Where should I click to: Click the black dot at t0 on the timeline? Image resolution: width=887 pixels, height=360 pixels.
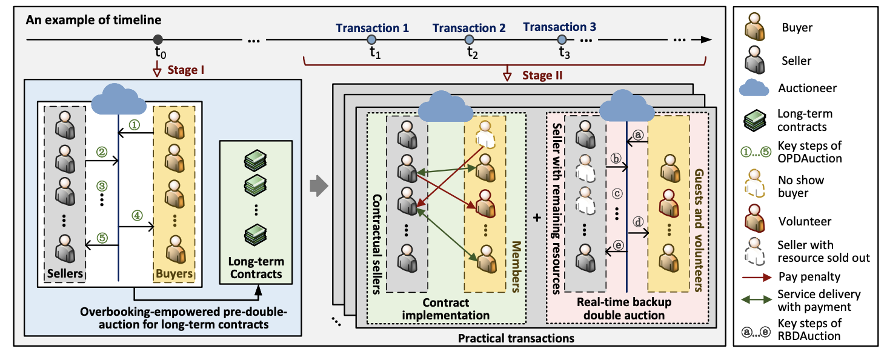pyautogui.click(x=158, y=39)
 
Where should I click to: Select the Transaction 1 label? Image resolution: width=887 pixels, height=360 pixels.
pyautogui.click(x=372, y=28)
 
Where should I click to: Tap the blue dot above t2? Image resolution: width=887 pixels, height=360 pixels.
pyautogui.click(x=469, y=39)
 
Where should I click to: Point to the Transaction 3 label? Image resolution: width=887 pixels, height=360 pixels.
pyautogui.click(x=559, y=27)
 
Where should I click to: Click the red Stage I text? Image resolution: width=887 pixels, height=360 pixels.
pyautogui.click(x=186, y=70)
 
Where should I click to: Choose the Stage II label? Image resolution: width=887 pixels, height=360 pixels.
pyautogui.click(x=542, y=75)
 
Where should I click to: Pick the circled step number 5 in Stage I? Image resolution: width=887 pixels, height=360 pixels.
pyautogui.click(x=102, y=238)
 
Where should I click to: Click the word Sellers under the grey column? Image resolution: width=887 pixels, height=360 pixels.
pyautogui.click(x=65, y=273)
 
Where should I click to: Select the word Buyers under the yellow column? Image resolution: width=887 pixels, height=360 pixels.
pyautogui.click(x=174, y=273)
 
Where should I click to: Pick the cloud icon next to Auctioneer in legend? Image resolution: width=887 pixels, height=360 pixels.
pyautogui.click(x=753, y=88)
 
